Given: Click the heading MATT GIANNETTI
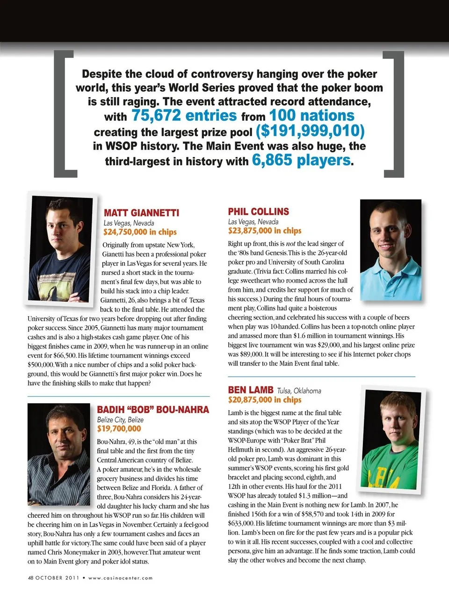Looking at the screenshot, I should point(141,213).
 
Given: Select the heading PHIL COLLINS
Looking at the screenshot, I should point(258,211).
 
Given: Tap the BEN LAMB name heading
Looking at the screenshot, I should point(251,390).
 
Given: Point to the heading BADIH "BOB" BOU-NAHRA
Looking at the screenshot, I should point(152,410).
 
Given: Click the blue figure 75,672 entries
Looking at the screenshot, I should point(184,116).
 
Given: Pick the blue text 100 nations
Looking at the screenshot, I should point(311,116).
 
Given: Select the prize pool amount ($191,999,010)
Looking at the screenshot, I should point(310,130).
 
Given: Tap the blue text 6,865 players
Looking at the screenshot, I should point(301,160).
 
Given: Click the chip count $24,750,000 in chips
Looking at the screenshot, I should point(140,232).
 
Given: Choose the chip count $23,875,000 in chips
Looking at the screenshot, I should point(265,231).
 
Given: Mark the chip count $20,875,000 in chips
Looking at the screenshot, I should point(265,400).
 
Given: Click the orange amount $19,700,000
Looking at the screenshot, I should point(119,428).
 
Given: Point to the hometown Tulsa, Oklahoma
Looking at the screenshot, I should point(299,391).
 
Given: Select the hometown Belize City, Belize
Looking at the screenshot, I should point(120,420).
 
